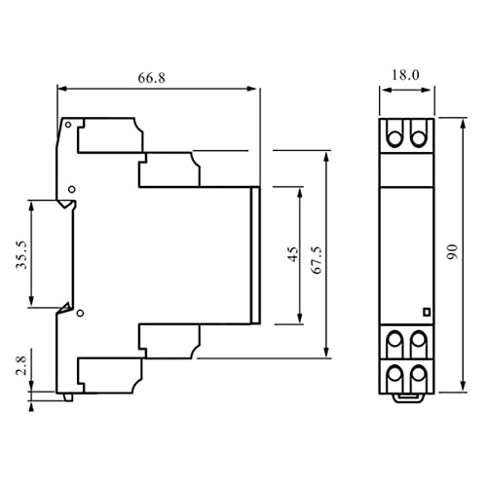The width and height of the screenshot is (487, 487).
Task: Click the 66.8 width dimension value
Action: tap(158, 75)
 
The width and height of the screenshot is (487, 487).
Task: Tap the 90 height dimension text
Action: tap(452, 252)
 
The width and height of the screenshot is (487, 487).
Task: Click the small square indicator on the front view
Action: tap(426, 312)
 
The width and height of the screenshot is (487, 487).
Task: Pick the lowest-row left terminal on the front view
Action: tap(396, 375)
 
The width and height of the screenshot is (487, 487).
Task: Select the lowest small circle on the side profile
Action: tap(81, 312)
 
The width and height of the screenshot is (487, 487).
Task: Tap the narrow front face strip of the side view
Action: tap(255, 254)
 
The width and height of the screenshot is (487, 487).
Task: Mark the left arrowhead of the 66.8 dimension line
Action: tap(61, 88)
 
